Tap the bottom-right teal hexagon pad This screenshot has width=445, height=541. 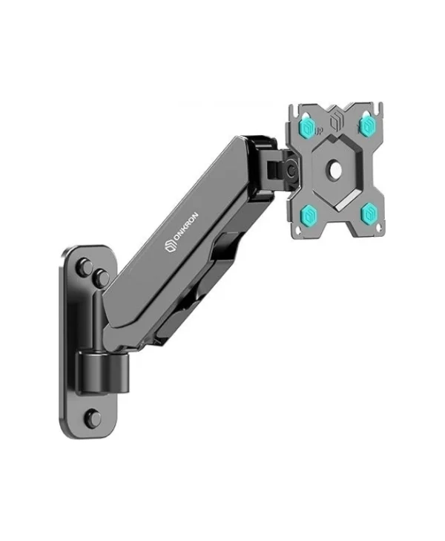pos(368,212)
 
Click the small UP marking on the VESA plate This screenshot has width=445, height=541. pos(318,131)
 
